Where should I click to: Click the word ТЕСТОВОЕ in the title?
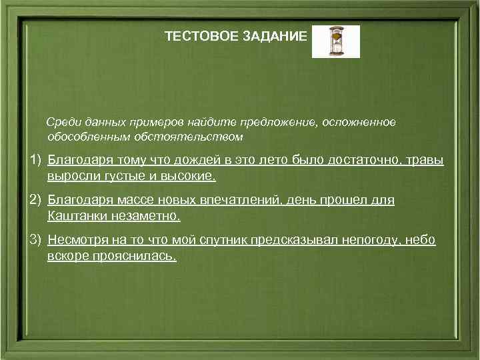click(194, 37)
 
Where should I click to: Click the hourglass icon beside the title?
click(335, 41)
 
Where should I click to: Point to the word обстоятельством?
click(201, 137)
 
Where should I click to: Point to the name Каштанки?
click(76, 216)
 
